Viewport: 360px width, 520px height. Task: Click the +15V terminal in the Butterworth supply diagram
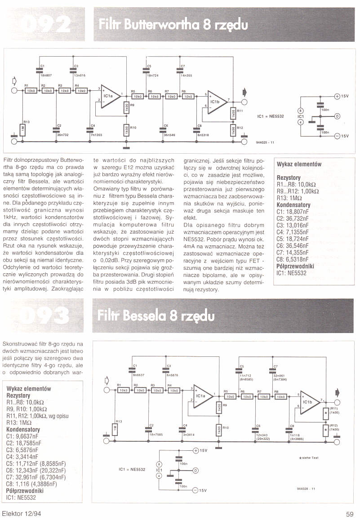click(338, 96)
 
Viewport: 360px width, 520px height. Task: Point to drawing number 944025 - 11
click(265, 142)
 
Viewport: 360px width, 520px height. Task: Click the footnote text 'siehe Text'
click(310, 458)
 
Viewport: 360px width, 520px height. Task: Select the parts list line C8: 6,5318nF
click(293, 259)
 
